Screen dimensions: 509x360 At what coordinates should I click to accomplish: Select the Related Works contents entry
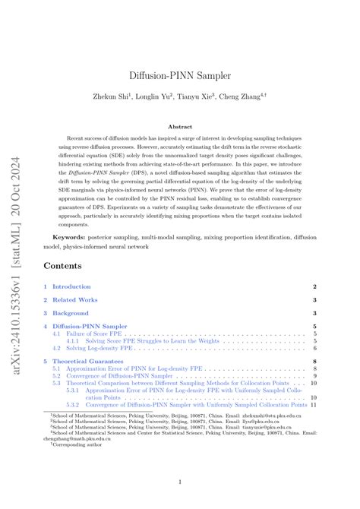pyautogui.click(x=74, y=299)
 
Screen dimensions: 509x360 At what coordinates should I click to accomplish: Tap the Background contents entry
pyautogui.click(x=71, y=313)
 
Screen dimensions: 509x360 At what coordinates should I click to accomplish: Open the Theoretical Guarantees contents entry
pyautogui.click(x=87, y=361)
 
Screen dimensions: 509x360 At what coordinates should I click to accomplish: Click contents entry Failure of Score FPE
pyautogui.click(x=95, y=334)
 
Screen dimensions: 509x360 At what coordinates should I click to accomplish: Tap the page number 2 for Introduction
pyautogui.click(x=314, y=286)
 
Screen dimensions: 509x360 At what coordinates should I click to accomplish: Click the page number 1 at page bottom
pyautogui.click(x=179, y=482)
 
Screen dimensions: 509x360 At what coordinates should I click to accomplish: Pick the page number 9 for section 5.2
pyautogui.click(x=314, y=375)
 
